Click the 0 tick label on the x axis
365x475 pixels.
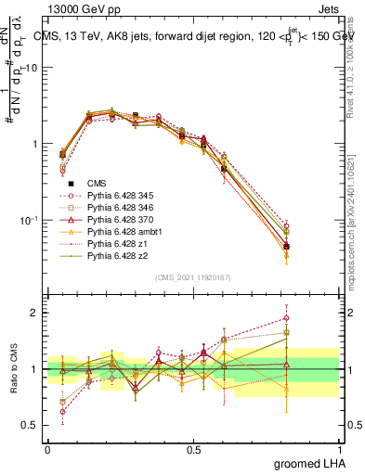point(47,448)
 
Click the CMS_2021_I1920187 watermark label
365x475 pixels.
point(193,277)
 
